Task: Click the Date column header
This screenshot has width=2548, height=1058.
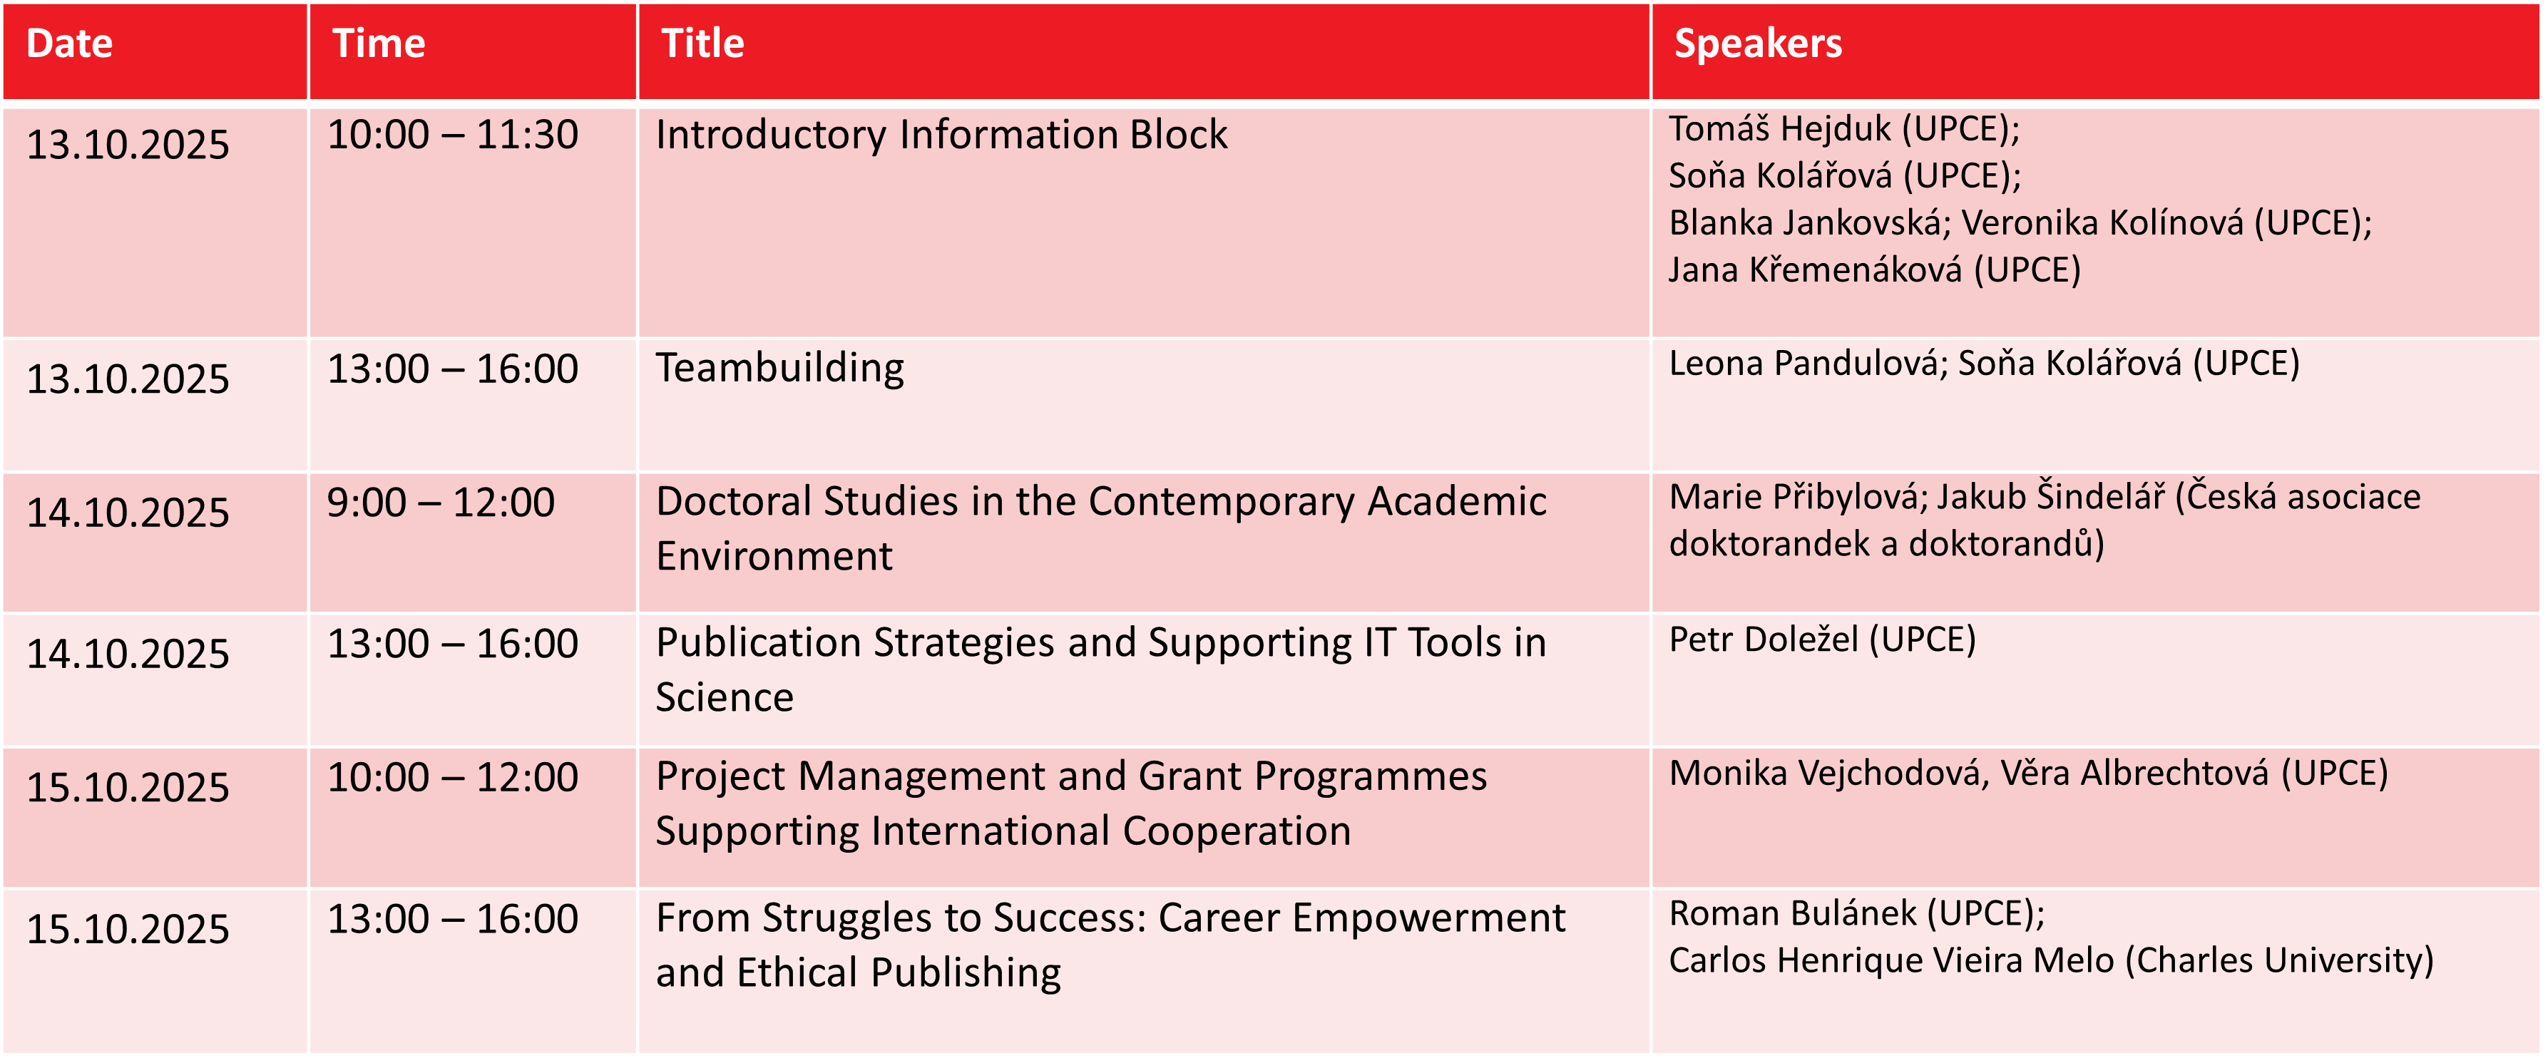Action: [69, 44]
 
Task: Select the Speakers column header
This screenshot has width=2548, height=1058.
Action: [1758, 44]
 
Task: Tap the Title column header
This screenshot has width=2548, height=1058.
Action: [702, 44]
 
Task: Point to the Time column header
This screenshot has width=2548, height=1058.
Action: [379, 44]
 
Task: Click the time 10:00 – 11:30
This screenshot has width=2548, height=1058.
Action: [452, 135]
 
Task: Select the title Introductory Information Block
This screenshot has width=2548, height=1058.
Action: [941, 135]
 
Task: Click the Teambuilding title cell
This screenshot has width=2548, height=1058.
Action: [779, 369]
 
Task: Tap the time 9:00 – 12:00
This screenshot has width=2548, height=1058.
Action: [440, 503]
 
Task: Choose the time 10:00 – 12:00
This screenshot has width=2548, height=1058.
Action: [452, 777]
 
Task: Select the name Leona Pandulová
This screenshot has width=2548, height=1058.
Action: [1807, 364]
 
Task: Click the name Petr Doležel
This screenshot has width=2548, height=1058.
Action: [1764, 640]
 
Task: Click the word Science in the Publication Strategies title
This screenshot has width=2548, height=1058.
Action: [724, 698]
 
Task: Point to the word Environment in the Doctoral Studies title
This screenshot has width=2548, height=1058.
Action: [774, 557]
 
